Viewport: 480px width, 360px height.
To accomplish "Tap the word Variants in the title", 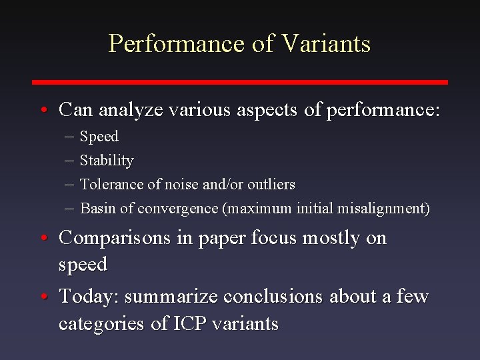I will point(326,44).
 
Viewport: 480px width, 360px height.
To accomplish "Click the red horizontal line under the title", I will point(240,82).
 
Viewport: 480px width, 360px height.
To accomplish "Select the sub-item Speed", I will point(99,137).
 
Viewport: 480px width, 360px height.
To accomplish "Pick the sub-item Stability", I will point(107,161).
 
